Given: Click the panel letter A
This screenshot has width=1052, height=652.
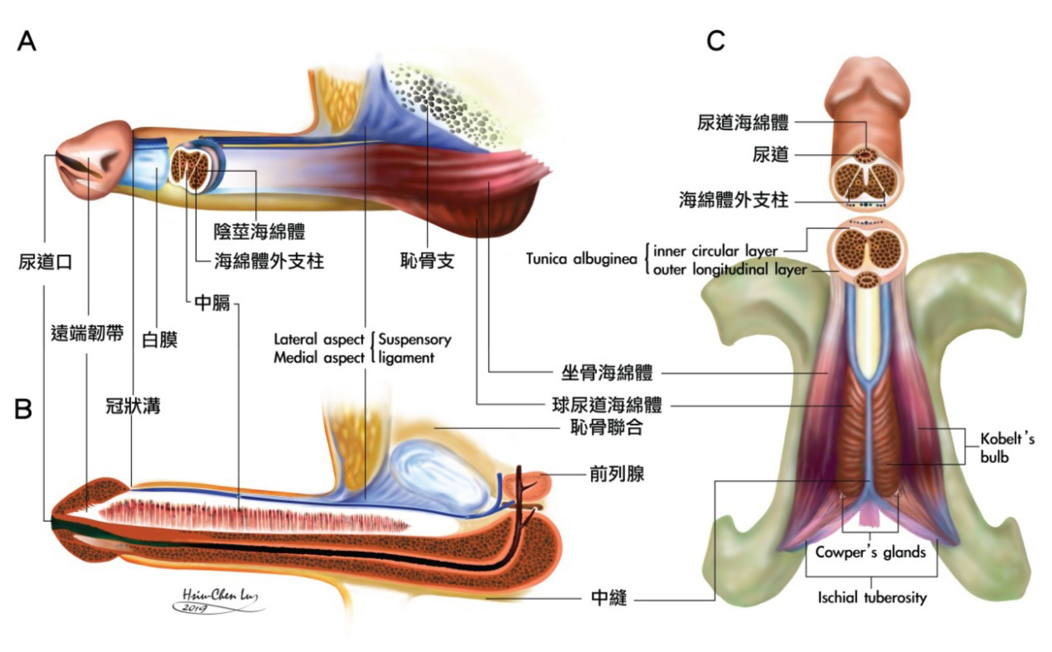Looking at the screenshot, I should pos(27,41).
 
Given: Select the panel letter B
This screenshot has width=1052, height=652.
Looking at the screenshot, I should pos(24,409).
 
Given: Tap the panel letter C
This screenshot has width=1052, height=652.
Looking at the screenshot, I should pos(715,41).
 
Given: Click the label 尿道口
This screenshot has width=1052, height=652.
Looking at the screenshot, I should pos(45,262).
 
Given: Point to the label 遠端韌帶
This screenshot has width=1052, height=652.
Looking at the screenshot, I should pos(87,333).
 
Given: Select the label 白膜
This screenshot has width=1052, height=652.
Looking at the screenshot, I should pos(160,340).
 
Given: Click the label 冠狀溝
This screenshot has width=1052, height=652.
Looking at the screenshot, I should pos(133,406).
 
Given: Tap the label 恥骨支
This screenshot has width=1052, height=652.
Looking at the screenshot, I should pos(427,261).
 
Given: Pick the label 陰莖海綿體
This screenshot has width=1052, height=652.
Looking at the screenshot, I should pos(259,232).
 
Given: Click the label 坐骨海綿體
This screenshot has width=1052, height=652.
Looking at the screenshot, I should pos(607,373).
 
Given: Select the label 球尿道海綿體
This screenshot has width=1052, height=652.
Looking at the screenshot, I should pos(607,405).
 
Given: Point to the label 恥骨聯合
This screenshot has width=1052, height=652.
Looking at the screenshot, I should pos(607,427).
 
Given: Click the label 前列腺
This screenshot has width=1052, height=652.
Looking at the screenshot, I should pos(617,474).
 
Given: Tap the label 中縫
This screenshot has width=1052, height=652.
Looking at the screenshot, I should pos(609,598).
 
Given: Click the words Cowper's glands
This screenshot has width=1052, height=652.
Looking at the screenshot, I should pos(870,552).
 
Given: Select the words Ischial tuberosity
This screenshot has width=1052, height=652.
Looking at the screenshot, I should pos(872,597).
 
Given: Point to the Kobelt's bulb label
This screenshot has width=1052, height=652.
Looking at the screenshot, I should pos(1007,448).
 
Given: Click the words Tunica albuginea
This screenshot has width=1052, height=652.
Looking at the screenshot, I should pos(581,259).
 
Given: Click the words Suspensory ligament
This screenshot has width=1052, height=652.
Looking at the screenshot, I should pos(414,348).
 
